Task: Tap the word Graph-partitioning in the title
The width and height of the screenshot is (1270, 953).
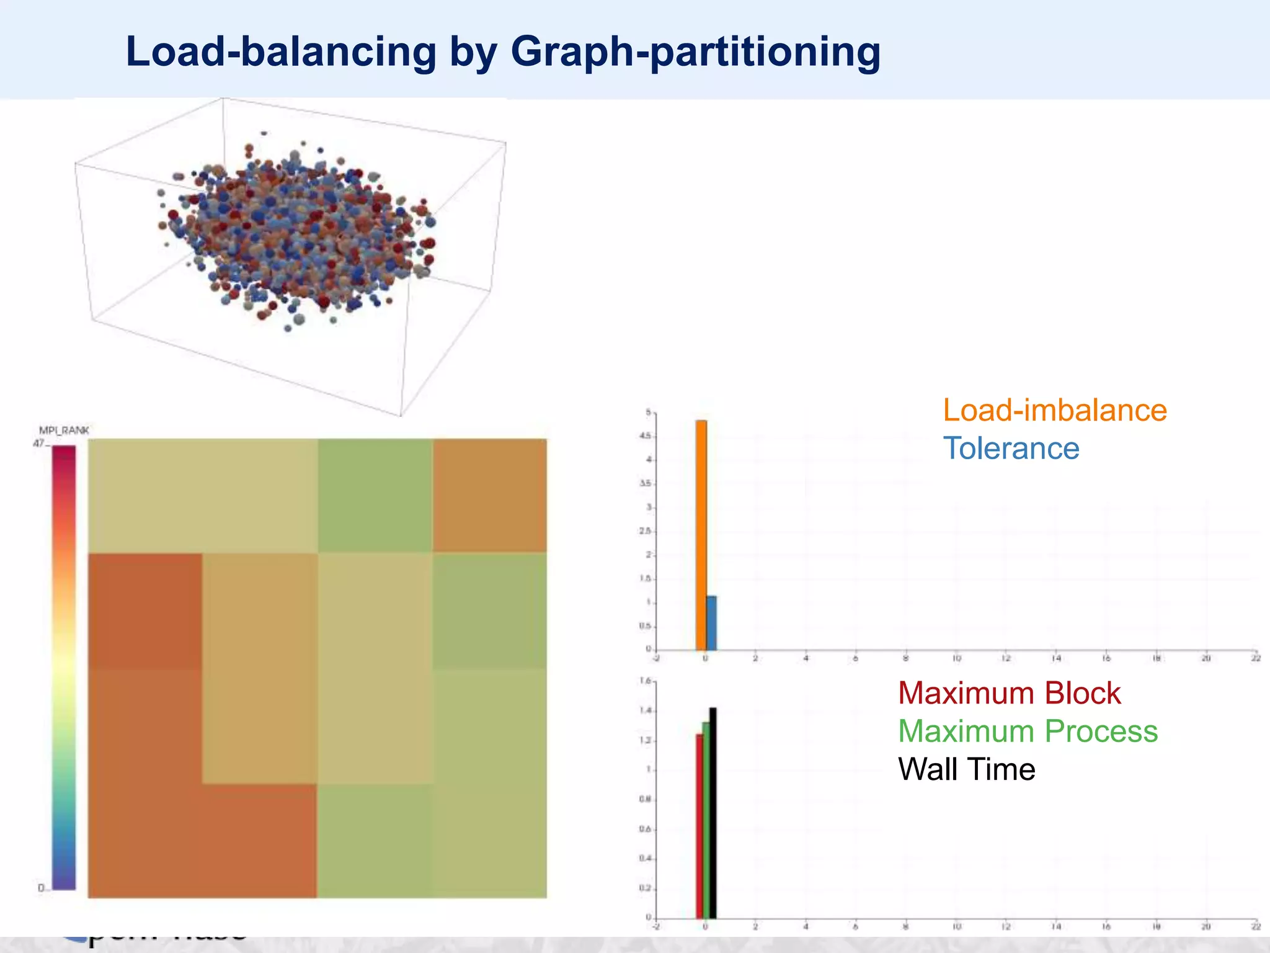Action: (695, 53)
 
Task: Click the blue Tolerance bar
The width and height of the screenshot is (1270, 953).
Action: (711, 623)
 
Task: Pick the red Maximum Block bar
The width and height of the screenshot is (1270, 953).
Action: (699, 826)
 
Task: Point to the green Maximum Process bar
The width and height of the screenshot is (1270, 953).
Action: (706, 820)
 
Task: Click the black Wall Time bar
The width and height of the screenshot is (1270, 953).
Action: (713, 812)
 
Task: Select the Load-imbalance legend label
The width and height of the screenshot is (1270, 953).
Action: (1055, 410)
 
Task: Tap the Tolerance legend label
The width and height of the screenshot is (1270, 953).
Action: (1011, 449)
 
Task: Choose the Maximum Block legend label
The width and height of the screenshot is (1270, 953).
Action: (1009, 693)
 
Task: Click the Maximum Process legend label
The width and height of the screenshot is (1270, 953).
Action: (1028, 731)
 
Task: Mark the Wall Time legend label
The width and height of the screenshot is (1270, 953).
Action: (966, 769)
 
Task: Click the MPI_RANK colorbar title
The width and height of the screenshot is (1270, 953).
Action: (64, 430)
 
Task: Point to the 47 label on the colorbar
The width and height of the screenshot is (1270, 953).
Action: (38, 443)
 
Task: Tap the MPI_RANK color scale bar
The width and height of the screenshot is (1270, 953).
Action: (63, 667)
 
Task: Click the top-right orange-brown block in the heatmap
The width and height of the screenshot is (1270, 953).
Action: (490, 495)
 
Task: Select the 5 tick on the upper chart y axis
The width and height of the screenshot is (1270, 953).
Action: (649, 413)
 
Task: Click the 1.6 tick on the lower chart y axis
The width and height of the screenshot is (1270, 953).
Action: (646, 681)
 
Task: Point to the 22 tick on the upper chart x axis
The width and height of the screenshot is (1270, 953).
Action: (1256, 658)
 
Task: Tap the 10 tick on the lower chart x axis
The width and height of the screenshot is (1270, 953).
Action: (956, 926)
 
